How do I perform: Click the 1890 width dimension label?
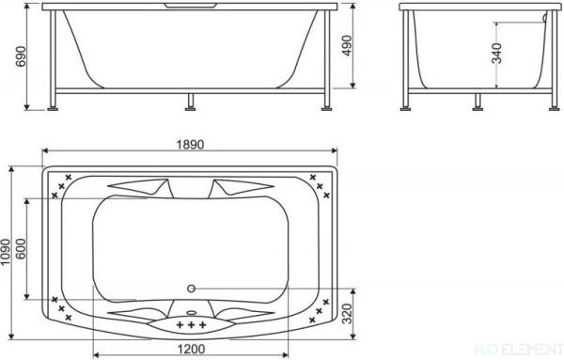tap(189, 144)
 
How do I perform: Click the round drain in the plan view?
tap(192, 289)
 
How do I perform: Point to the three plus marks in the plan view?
tap(192, 325)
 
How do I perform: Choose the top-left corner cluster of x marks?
tap(66, 183)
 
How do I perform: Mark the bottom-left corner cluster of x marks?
tap(62, 307)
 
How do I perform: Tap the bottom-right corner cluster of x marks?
tap(321, 308)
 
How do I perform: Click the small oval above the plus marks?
tap(192, 314)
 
